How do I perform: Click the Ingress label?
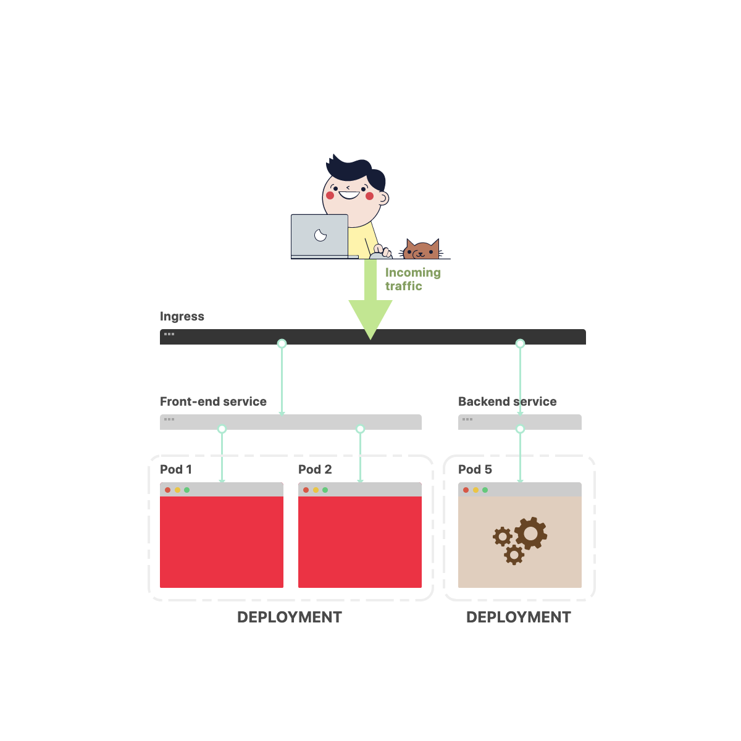182,316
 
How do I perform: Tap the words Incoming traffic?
412,279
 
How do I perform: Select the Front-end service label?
213,401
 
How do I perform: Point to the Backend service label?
507,401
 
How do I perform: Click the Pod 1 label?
176,469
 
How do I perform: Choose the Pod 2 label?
315,469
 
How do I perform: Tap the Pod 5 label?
475,469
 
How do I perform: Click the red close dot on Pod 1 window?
167,490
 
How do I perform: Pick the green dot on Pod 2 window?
325,490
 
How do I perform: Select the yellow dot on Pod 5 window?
475,490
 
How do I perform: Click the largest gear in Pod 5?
531,533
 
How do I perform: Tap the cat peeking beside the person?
422,250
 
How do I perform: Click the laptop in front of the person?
320,235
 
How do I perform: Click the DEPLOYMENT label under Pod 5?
518,617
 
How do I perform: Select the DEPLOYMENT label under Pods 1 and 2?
289,617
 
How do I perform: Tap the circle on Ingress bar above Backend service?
520,343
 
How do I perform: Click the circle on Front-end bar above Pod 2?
360,429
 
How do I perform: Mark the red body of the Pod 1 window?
222,542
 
